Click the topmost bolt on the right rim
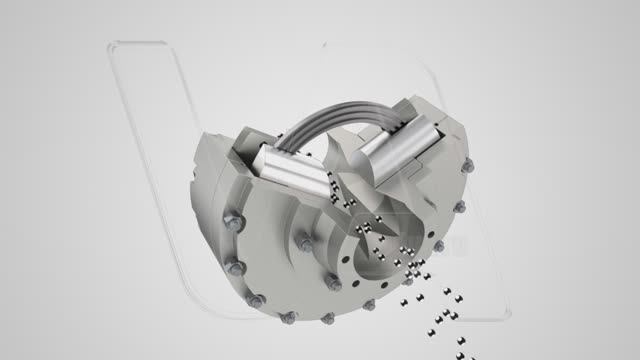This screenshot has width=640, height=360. point(460,207)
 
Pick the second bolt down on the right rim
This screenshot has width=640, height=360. point(438,246)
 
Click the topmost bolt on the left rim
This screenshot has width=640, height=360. point(228,223)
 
